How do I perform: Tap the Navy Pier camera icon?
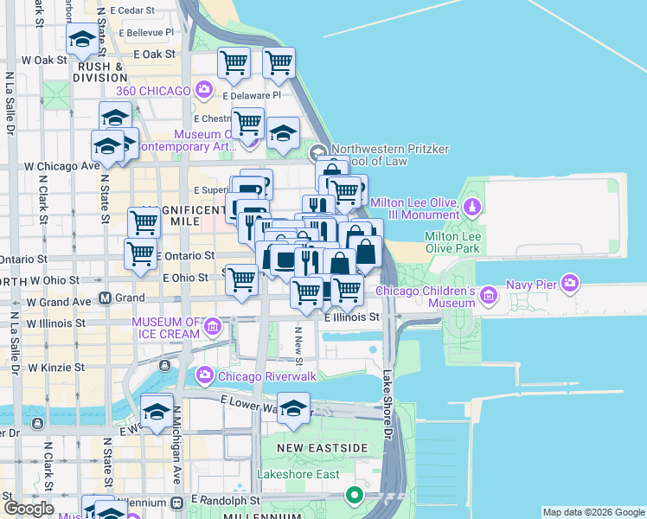pos(569,282)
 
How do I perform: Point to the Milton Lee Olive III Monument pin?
pos(472,208)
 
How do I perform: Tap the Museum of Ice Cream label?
pos(168,329)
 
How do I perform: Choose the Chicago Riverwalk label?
pos(259,375)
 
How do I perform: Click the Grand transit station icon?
pos(105,298)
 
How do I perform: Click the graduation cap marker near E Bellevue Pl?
pos(82,39)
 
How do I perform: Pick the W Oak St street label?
pos(44,60)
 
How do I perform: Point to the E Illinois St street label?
pos(352,317)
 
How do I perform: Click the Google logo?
pos(29,509)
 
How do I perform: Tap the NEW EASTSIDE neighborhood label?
pos(323,447)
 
